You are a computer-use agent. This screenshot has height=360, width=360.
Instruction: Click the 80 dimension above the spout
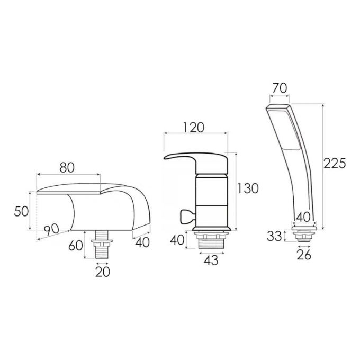point(67,167)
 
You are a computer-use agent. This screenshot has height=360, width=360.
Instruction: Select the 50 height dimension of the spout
point(21,211)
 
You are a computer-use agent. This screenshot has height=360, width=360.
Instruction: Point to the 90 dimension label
point(51,230)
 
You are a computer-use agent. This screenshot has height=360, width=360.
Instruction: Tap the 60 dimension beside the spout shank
point(76,246)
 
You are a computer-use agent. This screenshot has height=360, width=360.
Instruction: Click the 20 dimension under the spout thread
point(102,272)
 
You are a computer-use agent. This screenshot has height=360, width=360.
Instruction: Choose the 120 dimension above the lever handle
point(194,128)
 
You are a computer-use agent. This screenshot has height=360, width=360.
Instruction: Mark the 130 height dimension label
point(248,188)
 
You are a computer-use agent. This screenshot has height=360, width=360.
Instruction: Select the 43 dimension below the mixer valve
point(211,260)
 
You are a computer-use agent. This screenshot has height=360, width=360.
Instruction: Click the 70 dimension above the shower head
point(280,88)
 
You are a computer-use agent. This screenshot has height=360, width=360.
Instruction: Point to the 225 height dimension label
point(334,163)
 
